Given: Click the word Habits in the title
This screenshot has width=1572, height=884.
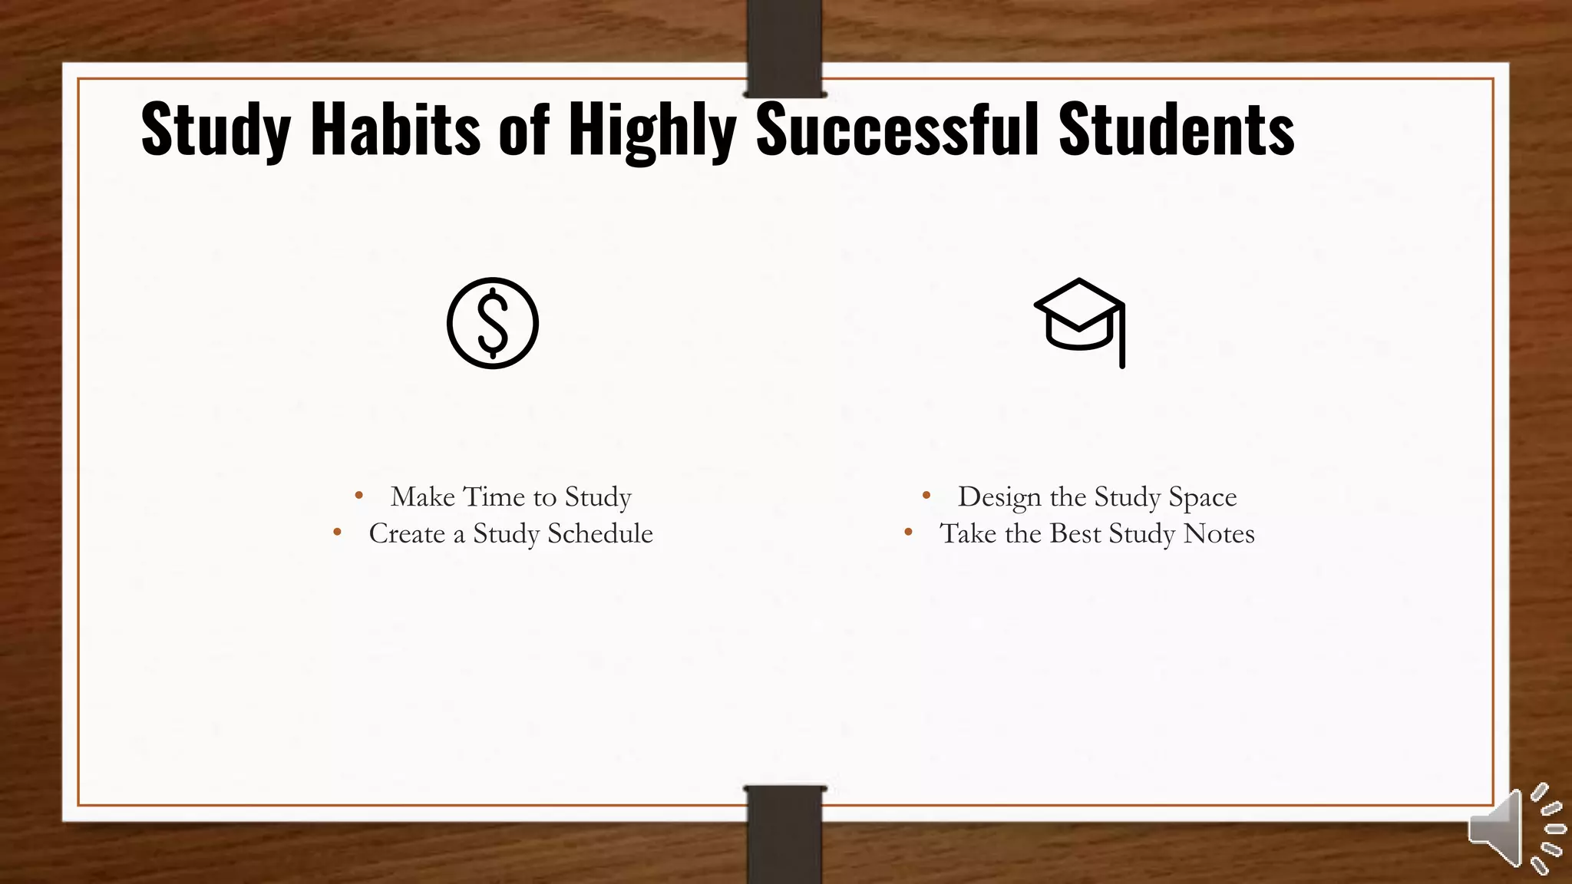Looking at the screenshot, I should coord(395,129).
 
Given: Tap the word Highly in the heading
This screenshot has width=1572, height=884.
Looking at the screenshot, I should coord(652,130).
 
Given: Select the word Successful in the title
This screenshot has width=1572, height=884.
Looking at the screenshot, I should coord(898,129).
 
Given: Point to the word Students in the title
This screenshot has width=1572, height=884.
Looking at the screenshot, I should coord(1176,129).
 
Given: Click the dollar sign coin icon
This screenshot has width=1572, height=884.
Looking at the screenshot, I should coord(493,323).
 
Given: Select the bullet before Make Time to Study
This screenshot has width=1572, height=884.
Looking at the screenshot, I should coord(359,496).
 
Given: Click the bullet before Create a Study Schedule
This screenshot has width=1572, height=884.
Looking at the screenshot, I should coord(337,532).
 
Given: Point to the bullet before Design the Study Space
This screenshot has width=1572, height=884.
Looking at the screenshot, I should coord(926,496).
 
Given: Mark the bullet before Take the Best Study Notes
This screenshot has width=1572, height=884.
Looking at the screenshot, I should coord(908,532).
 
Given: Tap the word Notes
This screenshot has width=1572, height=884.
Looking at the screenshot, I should coord(1219,533).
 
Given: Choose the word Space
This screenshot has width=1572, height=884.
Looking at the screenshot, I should coord(1203,498).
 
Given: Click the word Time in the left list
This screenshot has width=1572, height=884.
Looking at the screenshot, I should coord(494,496).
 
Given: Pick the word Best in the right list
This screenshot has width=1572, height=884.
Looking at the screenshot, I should coord(1075,533).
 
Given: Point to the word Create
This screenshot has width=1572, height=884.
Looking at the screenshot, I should coord(407,533).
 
